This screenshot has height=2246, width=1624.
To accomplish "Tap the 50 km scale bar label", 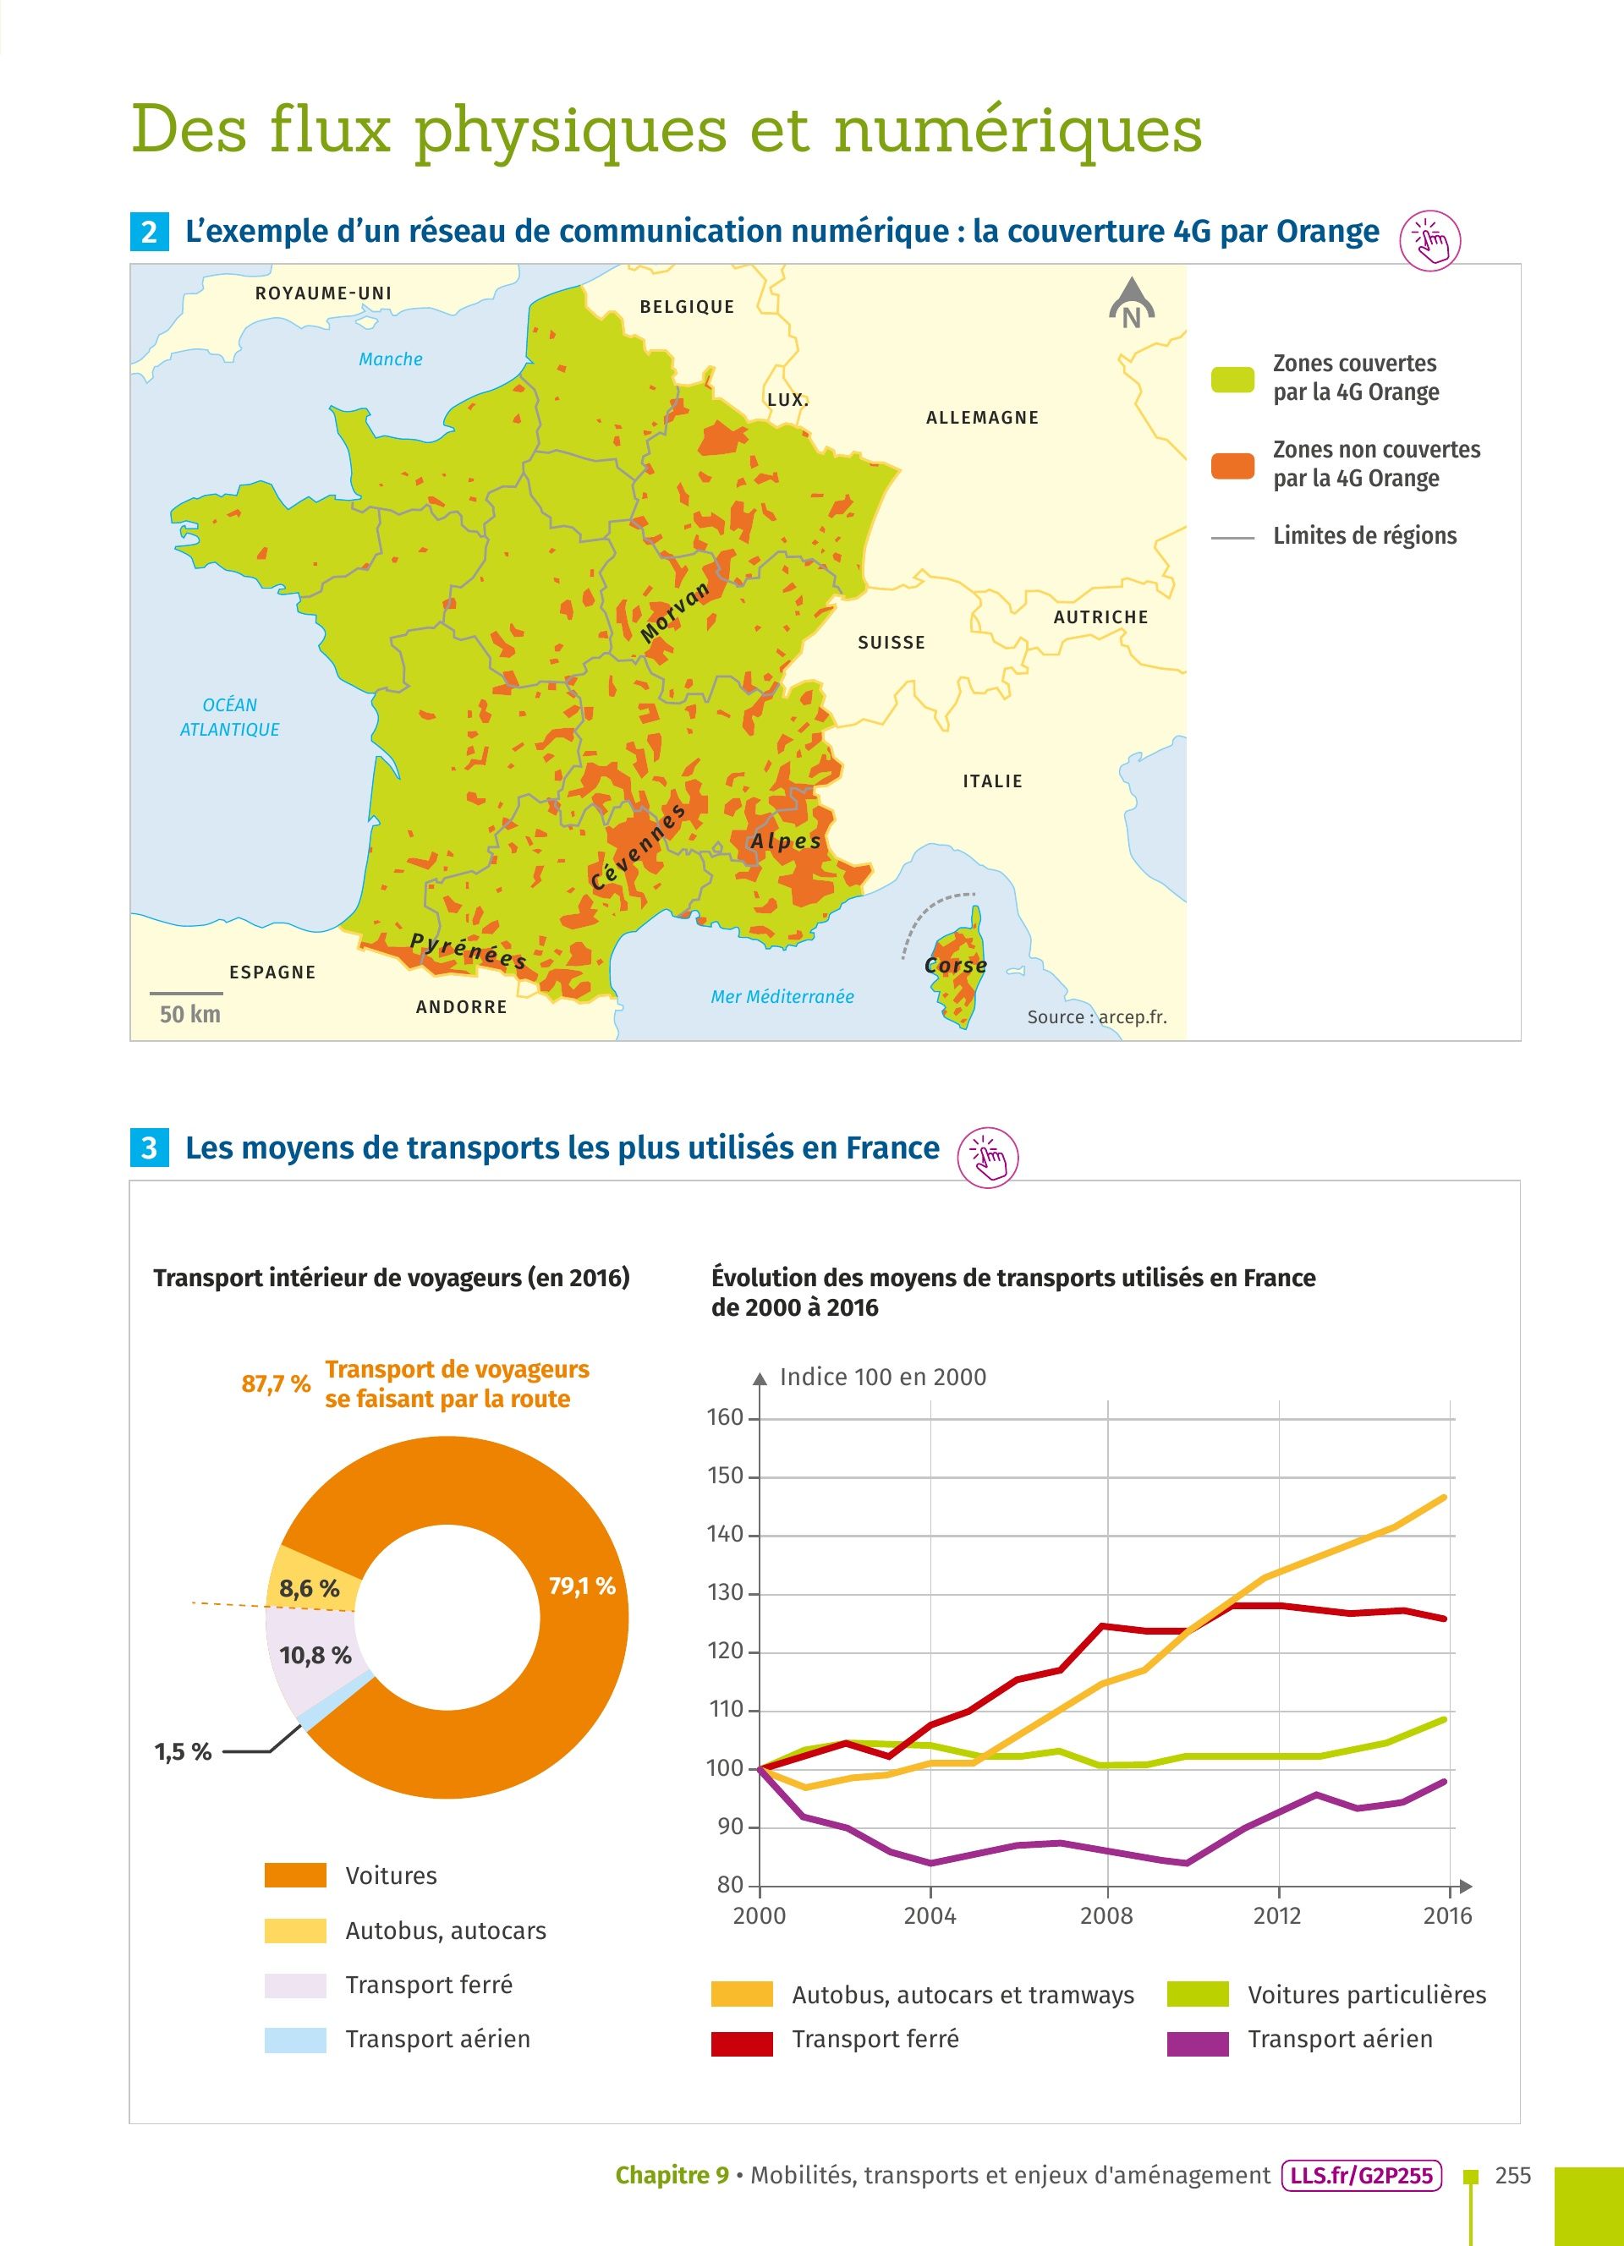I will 189,1014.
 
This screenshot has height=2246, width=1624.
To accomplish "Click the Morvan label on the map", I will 675,611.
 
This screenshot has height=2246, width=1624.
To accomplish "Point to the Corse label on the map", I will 956,966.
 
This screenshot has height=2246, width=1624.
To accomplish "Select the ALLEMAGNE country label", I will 982,418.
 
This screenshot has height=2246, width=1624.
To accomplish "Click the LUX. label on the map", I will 788,400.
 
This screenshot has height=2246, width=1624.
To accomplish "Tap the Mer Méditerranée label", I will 782,997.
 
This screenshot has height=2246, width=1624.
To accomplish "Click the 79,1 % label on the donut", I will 582,1586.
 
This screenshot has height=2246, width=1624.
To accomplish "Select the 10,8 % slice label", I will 315,1655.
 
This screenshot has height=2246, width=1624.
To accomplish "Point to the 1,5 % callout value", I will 184,1752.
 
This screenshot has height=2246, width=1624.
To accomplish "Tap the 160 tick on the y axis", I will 725,1417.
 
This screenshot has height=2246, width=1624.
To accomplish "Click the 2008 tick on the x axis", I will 1106,1916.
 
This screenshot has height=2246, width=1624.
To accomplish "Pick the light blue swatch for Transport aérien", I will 295,2040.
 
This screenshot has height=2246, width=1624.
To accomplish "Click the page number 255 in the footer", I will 1513,2176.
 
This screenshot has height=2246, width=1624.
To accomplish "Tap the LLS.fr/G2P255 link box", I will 1362,2176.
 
